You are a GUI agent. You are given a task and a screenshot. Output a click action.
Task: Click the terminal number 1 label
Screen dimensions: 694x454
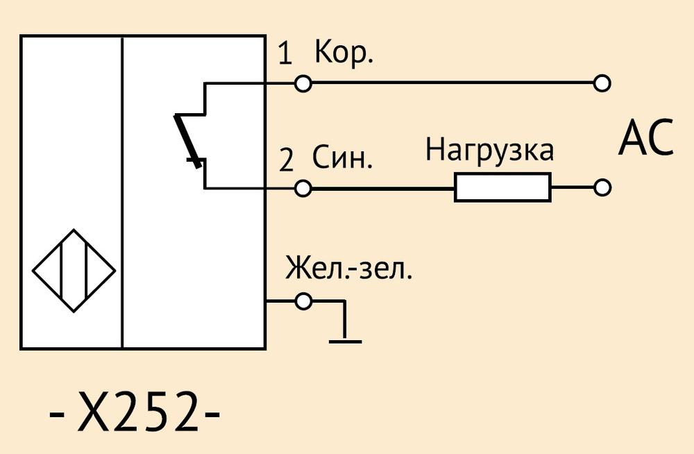coord(285,54)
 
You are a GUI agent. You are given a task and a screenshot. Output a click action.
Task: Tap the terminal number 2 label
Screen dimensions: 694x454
coord(287,160)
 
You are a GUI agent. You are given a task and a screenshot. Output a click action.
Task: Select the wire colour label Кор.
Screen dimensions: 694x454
coord(344,52)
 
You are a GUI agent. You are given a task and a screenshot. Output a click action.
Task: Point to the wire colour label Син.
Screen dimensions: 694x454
coord(343,158)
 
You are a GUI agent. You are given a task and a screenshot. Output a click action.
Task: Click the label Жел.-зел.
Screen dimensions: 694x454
coord(349,267)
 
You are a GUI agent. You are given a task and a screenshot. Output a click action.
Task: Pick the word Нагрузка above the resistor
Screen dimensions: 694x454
coord(489,151)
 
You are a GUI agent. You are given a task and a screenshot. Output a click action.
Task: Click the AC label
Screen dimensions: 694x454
coord(645,137)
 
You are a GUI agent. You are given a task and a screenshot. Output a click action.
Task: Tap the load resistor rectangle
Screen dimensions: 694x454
coord(502,188)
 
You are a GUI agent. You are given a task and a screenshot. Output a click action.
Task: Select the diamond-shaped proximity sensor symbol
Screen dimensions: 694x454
coord(74,270)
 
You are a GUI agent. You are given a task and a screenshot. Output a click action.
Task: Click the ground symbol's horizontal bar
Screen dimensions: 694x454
coord(345,342)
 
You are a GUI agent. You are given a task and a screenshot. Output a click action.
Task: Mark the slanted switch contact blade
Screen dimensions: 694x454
coord(188,140)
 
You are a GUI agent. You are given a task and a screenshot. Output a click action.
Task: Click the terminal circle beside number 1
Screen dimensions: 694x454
coord(303,83)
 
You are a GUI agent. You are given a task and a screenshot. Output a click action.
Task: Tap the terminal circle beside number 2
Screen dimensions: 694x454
coord(303,189)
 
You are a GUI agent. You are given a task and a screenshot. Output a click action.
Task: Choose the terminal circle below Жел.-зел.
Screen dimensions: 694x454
coord(303,301)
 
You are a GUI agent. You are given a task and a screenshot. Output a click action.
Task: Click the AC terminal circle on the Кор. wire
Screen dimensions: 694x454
coord(602,83)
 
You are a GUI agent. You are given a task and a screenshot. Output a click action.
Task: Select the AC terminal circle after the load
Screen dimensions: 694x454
coord(602,188)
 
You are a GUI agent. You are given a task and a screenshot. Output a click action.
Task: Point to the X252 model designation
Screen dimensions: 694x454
coord(134,412)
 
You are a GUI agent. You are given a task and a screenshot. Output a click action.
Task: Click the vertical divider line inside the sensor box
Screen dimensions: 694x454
coord(122,192)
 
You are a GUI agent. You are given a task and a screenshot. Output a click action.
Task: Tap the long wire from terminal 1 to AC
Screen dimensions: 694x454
coord(452,83)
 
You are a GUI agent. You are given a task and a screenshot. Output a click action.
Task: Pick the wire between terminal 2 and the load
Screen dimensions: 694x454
coord(383,189)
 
